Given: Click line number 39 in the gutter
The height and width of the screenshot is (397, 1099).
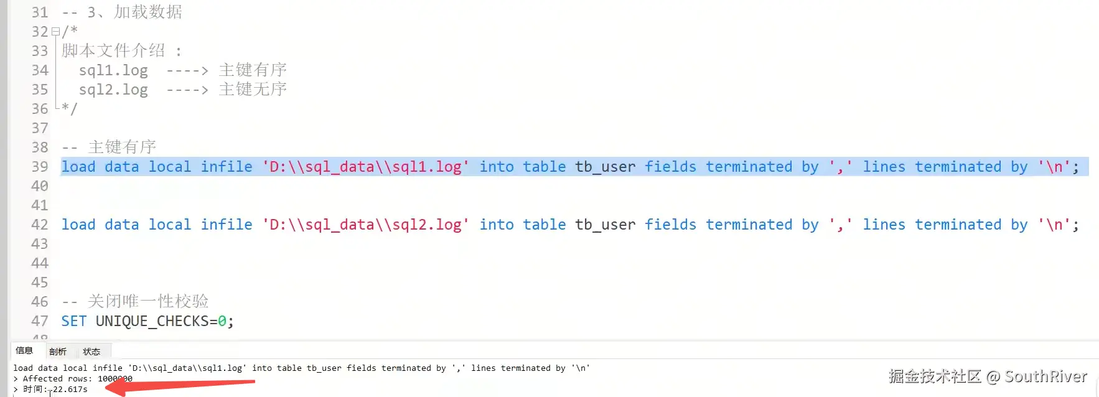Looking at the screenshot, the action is (x=40, y=167).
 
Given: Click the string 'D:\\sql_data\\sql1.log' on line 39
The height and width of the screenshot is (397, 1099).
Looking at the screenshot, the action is (x=365, y=167).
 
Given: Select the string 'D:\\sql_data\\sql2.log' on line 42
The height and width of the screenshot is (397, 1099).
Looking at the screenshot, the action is (x=365, y=225).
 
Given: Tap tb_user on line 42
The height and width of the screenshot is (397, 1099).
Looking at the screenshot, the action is (x=605, y=225).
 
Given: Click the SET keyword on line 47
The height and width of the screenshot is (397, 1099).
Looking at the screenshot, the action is (x=73, y=321).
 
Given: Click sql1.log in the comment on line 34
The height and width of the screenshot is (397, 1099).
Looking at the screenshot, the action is (x=113, y=70).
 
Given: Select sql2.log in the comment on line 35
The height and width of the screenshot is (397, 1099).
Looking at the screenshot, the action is (x=113, y=90).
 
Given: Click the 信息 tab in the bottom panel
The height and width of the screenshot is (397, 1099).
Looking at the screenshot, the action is (x=24, y=351).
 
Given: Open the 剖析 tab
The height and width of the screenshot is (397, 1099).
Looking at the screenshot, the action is (x=58, y=352).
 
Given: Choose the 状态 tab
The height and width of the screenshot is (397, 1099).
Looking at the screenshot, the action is (x=91, y=352).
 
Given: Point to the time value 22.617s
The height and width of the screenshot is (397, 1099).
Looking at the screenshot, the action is (x=70, y=390).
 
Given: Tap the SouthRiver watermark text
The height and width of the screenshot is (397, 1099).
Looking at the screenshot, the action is (x=1045, y=376).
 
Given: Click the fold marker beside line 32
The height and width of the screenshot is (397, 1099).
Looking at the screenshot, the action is (x=55, y=31).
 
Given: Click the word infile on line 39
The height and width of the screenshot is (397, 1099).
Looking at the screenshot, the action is (x=227, y=167).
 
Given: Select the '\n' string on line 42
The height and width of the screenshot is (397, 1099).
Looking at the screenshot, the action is (x=1054, y=225).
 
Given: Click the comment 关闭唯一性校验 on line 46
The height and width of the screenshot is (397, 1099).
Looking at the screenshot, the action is (x=148, y=302).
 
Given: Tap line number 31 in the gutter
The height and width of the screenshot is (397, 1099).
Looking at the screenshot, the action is (x=40, y=12).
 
